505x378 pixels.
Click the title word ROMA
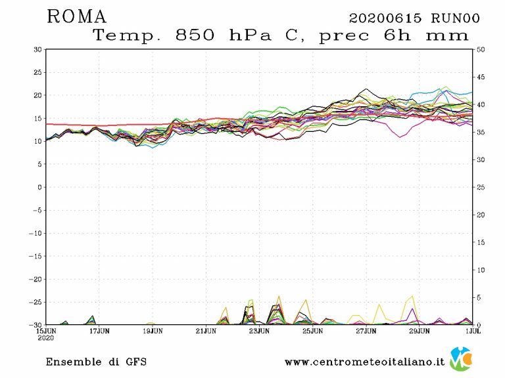point(76,17)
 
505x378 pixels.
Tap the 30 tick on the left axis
point(37,49)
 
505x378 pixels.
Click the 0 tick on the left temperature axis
point(39,187)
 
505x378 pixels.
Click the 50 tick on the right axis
point(481,49)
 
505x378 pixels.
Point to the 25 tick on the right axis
point(481,187)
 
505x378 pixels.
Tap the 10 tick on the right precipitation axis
point(481,270)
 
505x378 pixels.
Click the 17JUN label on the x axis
point(99,331)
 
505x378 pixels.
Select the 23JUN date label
point(259,331)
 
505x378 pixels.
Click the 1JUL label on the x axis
point(472,331)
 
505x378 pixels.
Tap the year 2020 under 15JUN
point(46,339)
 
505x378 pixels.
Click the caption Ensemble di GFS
point(96,362)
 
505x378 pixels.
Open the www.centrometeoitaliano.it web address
point(364,362)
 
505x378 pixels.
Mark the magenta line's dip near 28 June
point(400,136)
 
